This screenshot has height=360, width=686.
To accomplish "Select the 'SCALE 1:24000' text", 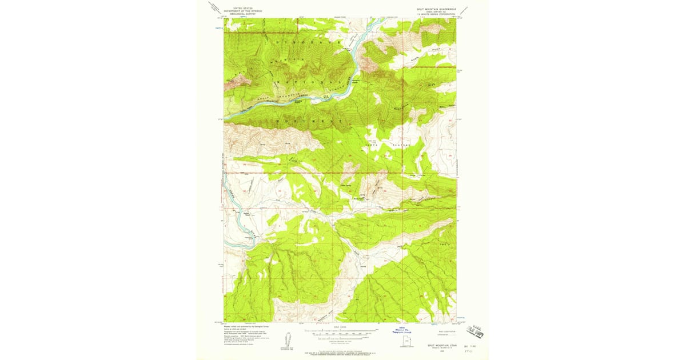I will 340,327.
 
